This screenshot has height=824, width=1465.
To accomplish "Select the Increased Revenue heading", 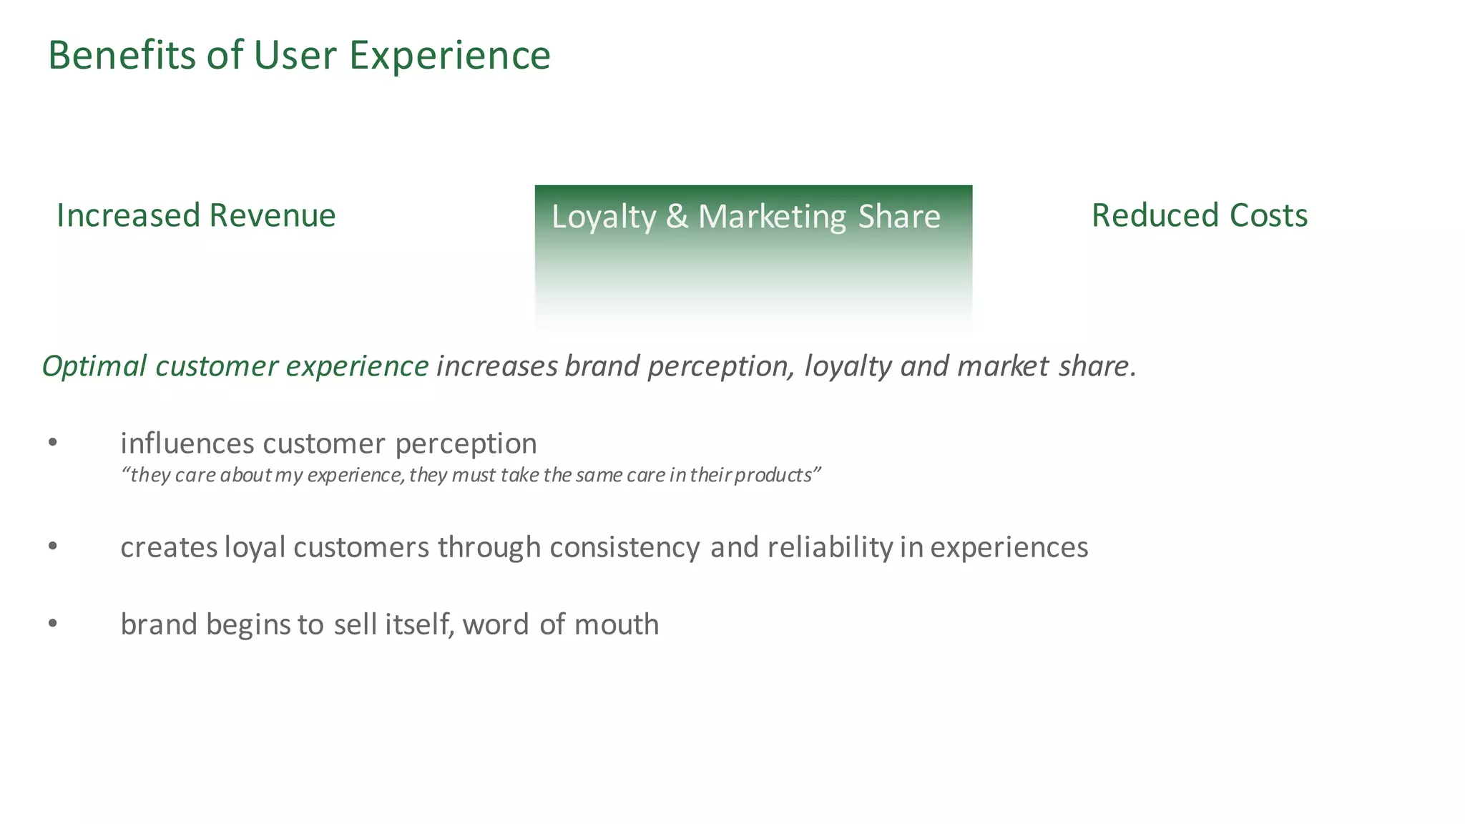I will [x=196, y=215].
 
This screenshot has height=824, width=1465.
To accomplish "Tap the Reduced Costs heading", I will [x=1199, y=215].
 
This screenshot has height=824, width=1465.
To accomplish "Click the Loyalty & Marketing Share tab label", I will [x=745, y=217].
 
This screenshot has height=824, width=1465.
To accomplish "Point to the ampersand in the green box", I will [x=677, y=217].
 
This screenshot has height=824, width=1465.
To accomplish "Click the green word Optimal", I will [x=94, y=366].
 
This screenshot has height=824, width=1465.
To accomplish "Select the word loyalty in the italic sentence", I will [x=848, y=366].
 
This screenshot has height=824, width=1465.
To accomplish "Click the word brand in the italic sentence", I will [x=602, y=366].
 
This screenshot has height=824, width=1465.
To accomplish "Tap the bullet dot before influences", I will [x=52, y=443].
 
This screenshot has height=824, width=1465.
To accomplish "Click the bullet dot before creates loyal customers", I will [x=52, y=547].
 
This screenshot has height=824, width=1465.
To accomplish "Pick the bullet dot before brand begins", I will [x=52, y=624].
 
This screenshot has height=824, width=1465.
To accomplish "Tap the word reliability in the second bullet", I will [x=830, y=547].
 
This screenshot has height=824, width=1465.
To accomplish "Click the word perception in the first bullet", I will [x=466, y=444].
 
